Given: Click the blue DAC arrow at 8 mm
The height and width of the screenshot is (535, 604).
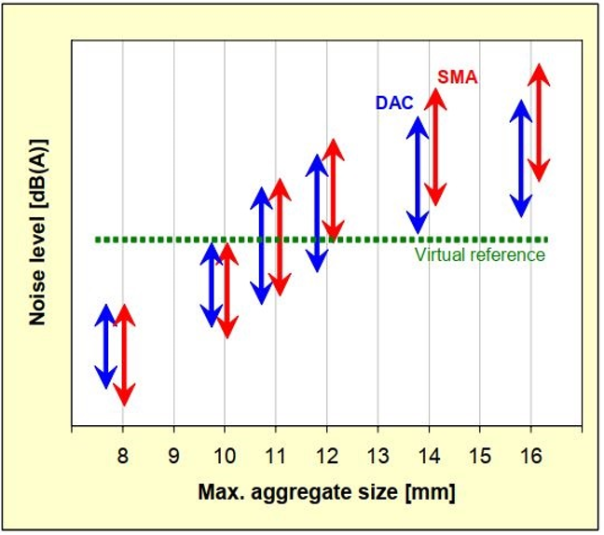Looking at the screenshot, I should tap(106, 346).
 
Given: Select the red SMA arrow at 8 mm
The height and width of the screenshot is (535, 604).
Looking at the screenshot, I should tap(125, 354).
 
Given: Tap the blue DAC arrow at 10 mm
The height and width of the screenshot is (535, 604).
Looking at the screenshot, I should tap(213, 285).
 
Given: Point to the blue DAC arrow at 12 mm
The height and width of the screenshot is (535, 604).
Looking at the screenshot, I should tap(318, 213).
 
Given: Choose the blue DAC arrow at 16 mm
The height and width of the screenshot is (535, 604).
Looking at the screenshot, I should tap(522, 158).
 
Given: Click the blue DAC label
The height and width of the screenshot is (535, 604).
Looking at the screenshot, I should tap(394, 103).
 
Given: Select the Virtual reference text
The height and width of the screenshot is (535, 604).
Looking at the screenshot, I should tap(479, 254).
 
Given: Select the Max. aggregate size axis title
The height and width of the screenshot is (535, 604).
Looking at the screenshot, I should tap(326, 490).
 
